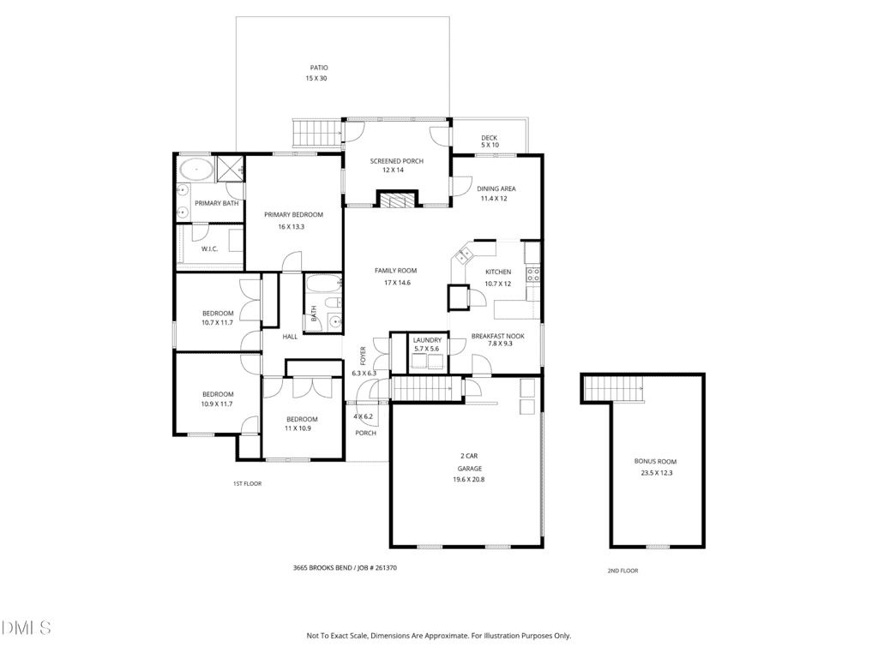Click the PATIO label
tap(319, 68)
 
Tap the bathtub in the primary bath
tap(195, 169)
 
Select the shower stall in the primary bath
tap(230, 169)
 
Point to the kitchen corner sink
tap(463, 255)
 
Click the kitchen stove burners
tap(532, 274)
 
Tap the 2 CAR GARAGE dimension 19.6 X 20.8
tap(469, 480)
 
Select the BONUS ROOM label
tap(655, 462)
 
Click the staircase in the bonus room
tap(613, 388)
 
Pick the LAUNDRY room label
tap(427, 340)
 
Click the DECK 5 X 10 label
tap(490, 141)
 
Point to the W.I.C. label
tap(209, 249)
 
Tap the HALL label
tap(290, 337)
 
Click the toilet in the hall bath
tap(333, 303)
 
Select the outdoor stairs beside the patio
tap(317, 133)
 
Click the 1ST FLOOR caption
tap(248, 483)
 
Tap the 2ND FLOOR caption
tap(622, 571)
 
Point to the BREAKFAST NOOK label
tap(498, 336)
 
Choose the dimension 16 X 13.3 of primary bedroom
tap(292, 226)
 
